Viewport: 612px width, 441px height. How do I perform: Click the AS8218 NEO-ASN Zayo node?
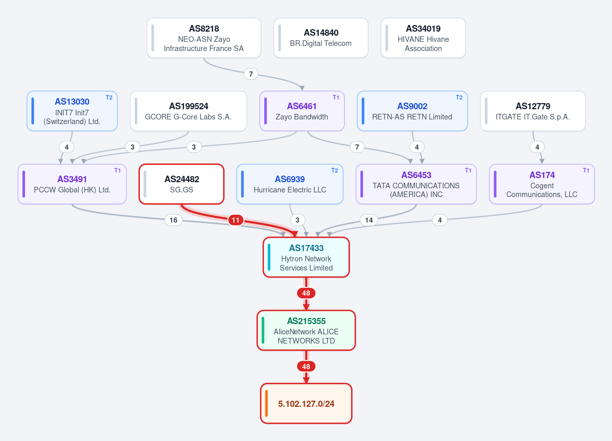pos(204,38)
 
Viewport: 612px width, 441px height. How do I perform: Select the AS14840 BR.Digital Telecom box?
pos(321,38)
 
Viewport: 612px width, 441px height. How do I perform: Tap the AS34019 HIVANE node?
pos(423,38)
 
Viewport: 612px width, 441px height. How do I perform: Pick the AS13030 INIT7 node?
pos(72,111)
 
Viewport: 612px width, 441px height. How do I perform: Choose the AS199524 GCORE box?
pos(188,111)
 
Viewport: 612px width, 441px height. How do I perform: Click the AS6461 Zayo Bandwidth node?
pos(302,111)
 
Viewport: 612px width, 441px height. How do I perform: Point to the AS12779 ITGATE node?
pos(533,111)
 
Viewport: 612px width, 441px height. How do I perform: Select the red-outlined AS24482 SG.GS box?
pos(182,184)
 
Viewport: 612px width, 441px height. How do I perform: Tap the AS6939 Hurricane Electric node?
pos(290,184)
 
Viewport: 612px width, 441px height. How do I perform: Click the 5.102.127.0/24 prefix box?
pos(306,404)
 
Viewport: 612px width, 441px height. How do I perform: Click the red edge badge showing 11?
pos(236,220)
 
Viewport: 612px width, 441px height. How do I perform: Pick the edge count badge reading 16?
pos(174,220)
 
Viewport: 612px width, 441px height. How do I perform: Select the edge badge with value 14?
pos(369,220)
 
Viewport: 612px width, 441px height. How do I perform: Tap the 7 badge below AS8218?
pos(251,74)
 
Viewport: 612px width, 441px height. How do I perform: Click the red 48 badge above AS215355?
pos(306,293)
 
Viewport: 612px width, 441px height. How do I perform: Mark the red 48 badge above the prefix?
pos(306,366)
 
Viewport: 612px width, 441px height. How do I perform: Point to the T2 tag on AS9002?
pos(459,97)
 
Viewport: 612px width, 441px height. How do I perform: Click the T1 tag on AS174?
pos(586,170)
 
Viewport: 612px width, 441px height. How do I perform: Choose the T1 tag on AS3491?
pos(117,170)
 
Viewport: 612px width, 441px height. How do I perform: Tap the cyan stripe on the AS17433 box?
pos(269,257)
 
